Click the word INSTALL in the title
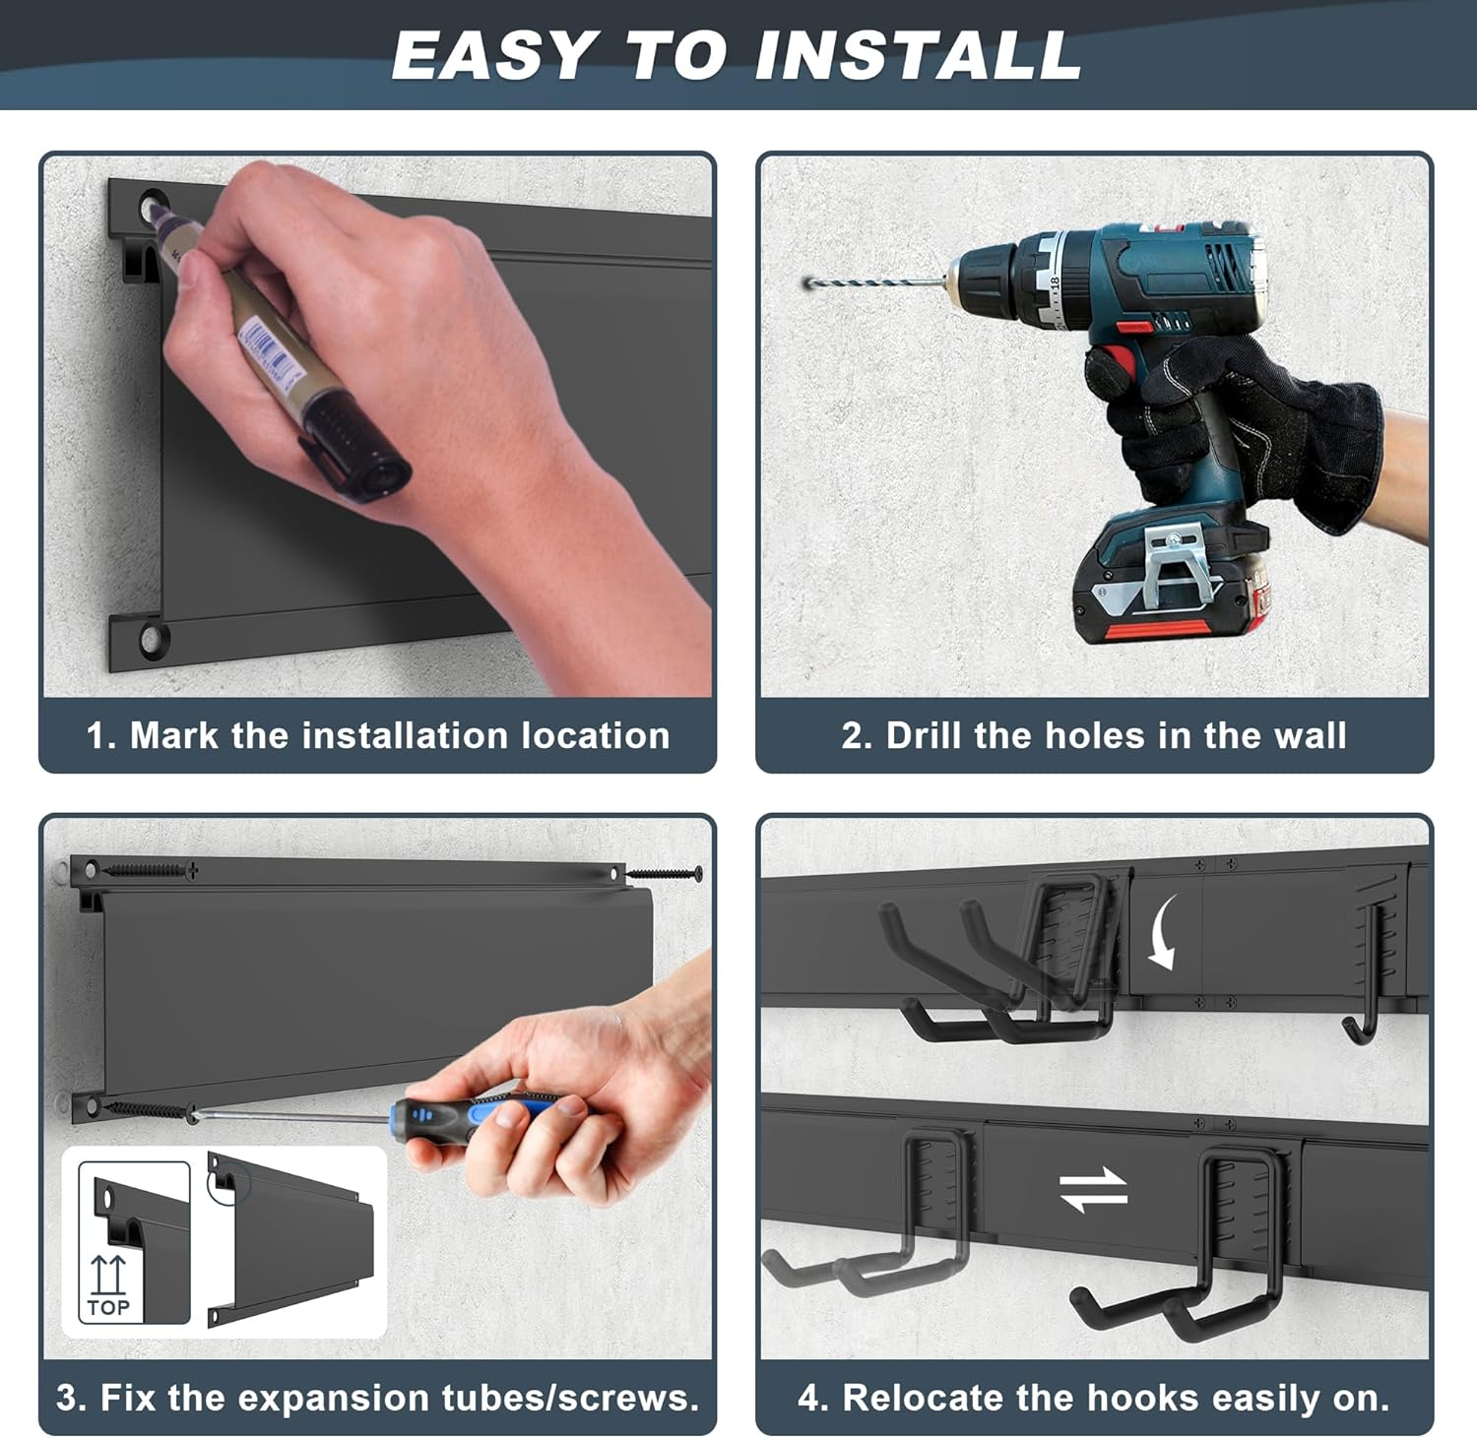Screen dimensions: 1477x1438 (x=919, y=55)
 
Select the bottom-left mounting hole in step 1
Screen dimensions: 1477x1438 (x=153, y=639)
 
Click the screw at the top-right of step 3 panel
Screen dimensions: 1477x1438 (x=665, y=872)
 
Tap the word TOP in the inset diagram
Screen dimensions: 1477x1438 (x=108, y=1307)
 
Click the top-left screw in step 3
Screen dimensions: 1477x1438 (x=149, y=870)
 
